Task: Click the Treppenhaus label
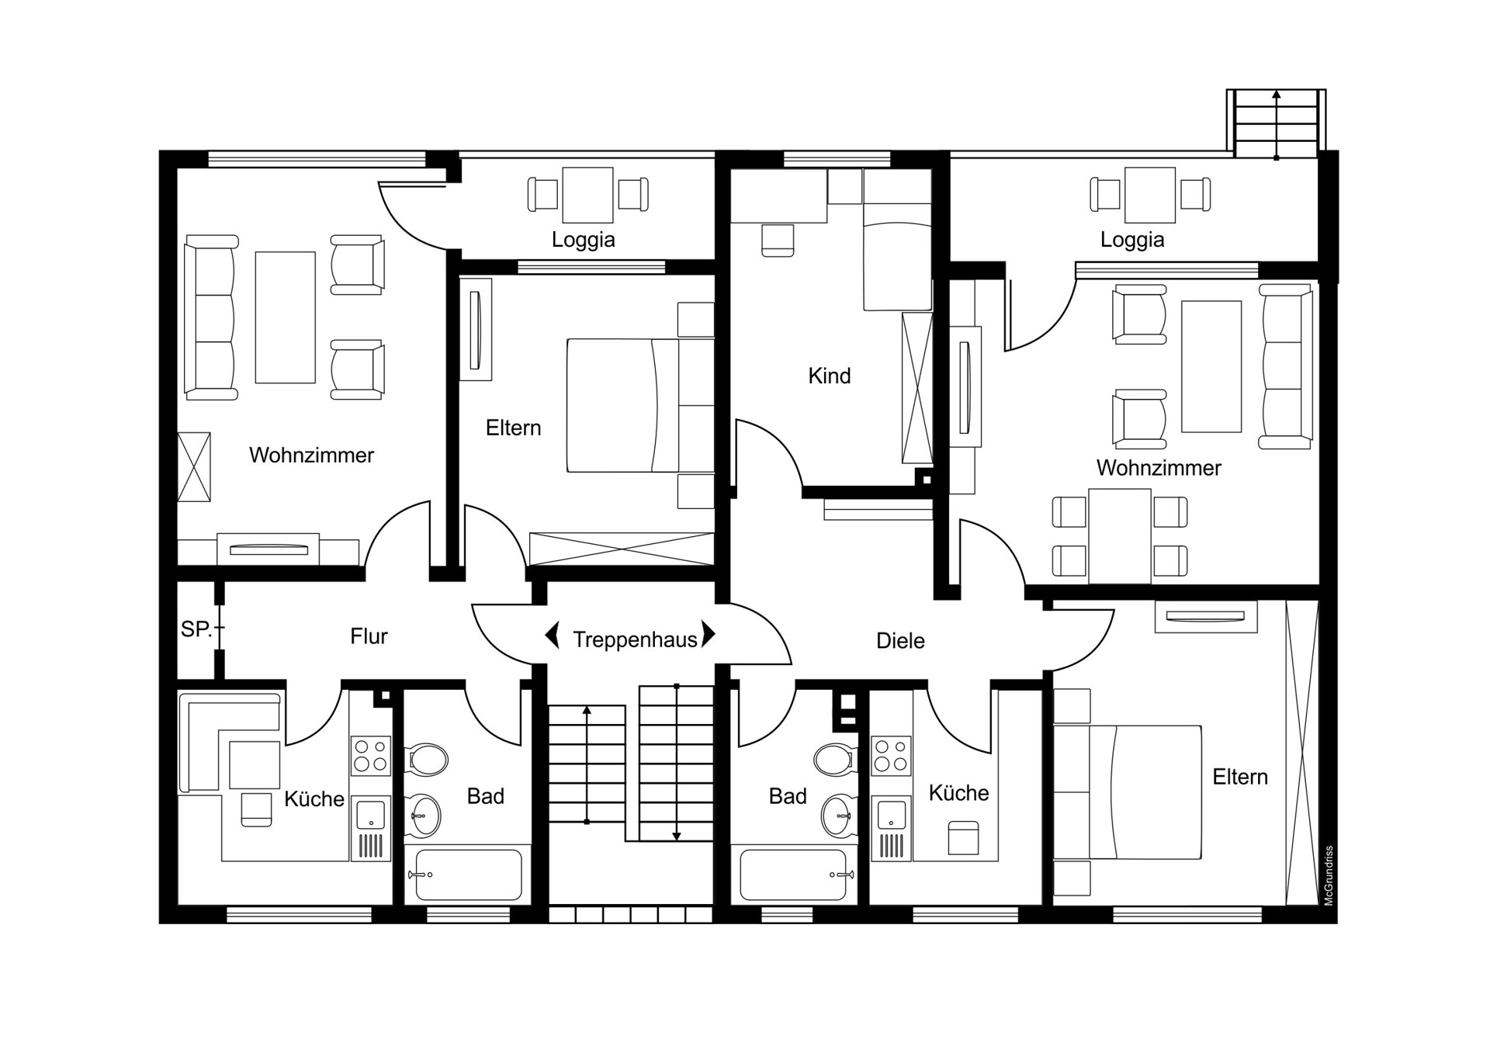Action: (635, 640)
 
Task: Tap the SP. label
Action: (196, 629)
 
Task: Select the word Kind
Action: (829, 376)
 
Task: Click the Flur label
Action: (369, 636)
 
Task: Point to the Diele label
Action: (900, 641)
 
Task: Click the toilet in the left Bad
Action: (427, 760)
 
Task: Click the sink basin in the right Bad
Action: (837, 814)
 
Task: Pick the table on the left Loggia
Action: (587, 195)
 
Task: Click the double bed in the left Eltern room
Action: (640, 405)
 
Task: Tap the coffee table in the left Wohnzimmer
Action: (286, 317)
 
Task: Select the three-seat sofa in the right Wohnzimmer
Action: (1285, 366)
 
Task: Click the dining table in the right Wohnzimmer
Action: (1120, 536)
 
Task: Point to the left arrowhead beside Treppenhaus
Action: (553, 635)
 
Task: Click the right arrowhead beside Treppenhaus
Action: (709, 634)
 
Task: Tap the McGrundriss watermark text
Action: (1329, 876)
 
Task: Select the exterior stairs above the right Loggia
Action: (1277, 124)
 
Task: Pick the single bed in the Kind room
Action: (898, 241)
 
